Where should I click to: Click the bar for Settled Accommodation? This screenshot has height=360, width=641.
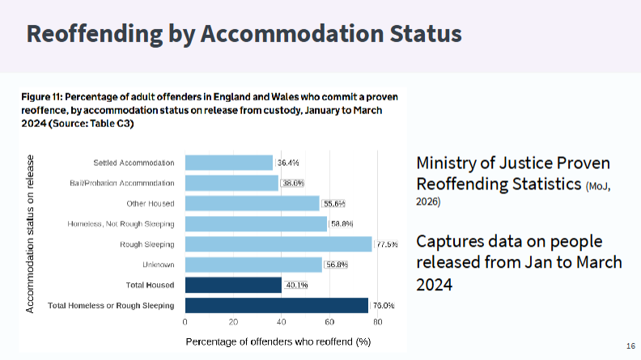point(229,163)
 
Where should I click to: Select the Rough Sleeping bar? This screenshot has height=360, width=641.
point(278,244)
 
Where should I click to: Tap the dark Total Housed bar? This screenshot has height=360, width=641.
point(233,285)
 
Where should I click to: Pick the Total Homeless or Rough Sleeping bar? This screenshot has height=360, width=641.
point(276,305)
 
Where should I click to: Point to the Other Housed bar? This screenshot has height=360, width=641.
point(253,203)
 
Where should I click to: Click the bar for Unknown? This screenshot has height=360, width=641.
point(253,265)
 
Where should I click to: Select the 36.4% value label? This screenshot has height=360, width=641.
point(288,163)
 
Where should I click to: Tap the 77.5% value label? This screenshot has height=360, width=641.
point(387,244)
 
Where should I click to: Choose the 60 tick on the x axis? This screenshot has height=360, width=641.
point(329,322)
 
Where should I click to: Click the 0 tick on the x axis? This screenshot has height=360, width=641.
point(185,322)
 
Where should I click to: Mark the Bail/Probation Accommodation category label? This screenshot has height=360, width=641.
point(122,183)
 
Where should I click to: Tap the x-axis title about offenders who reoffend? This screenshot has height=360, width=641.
point(278,341)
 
